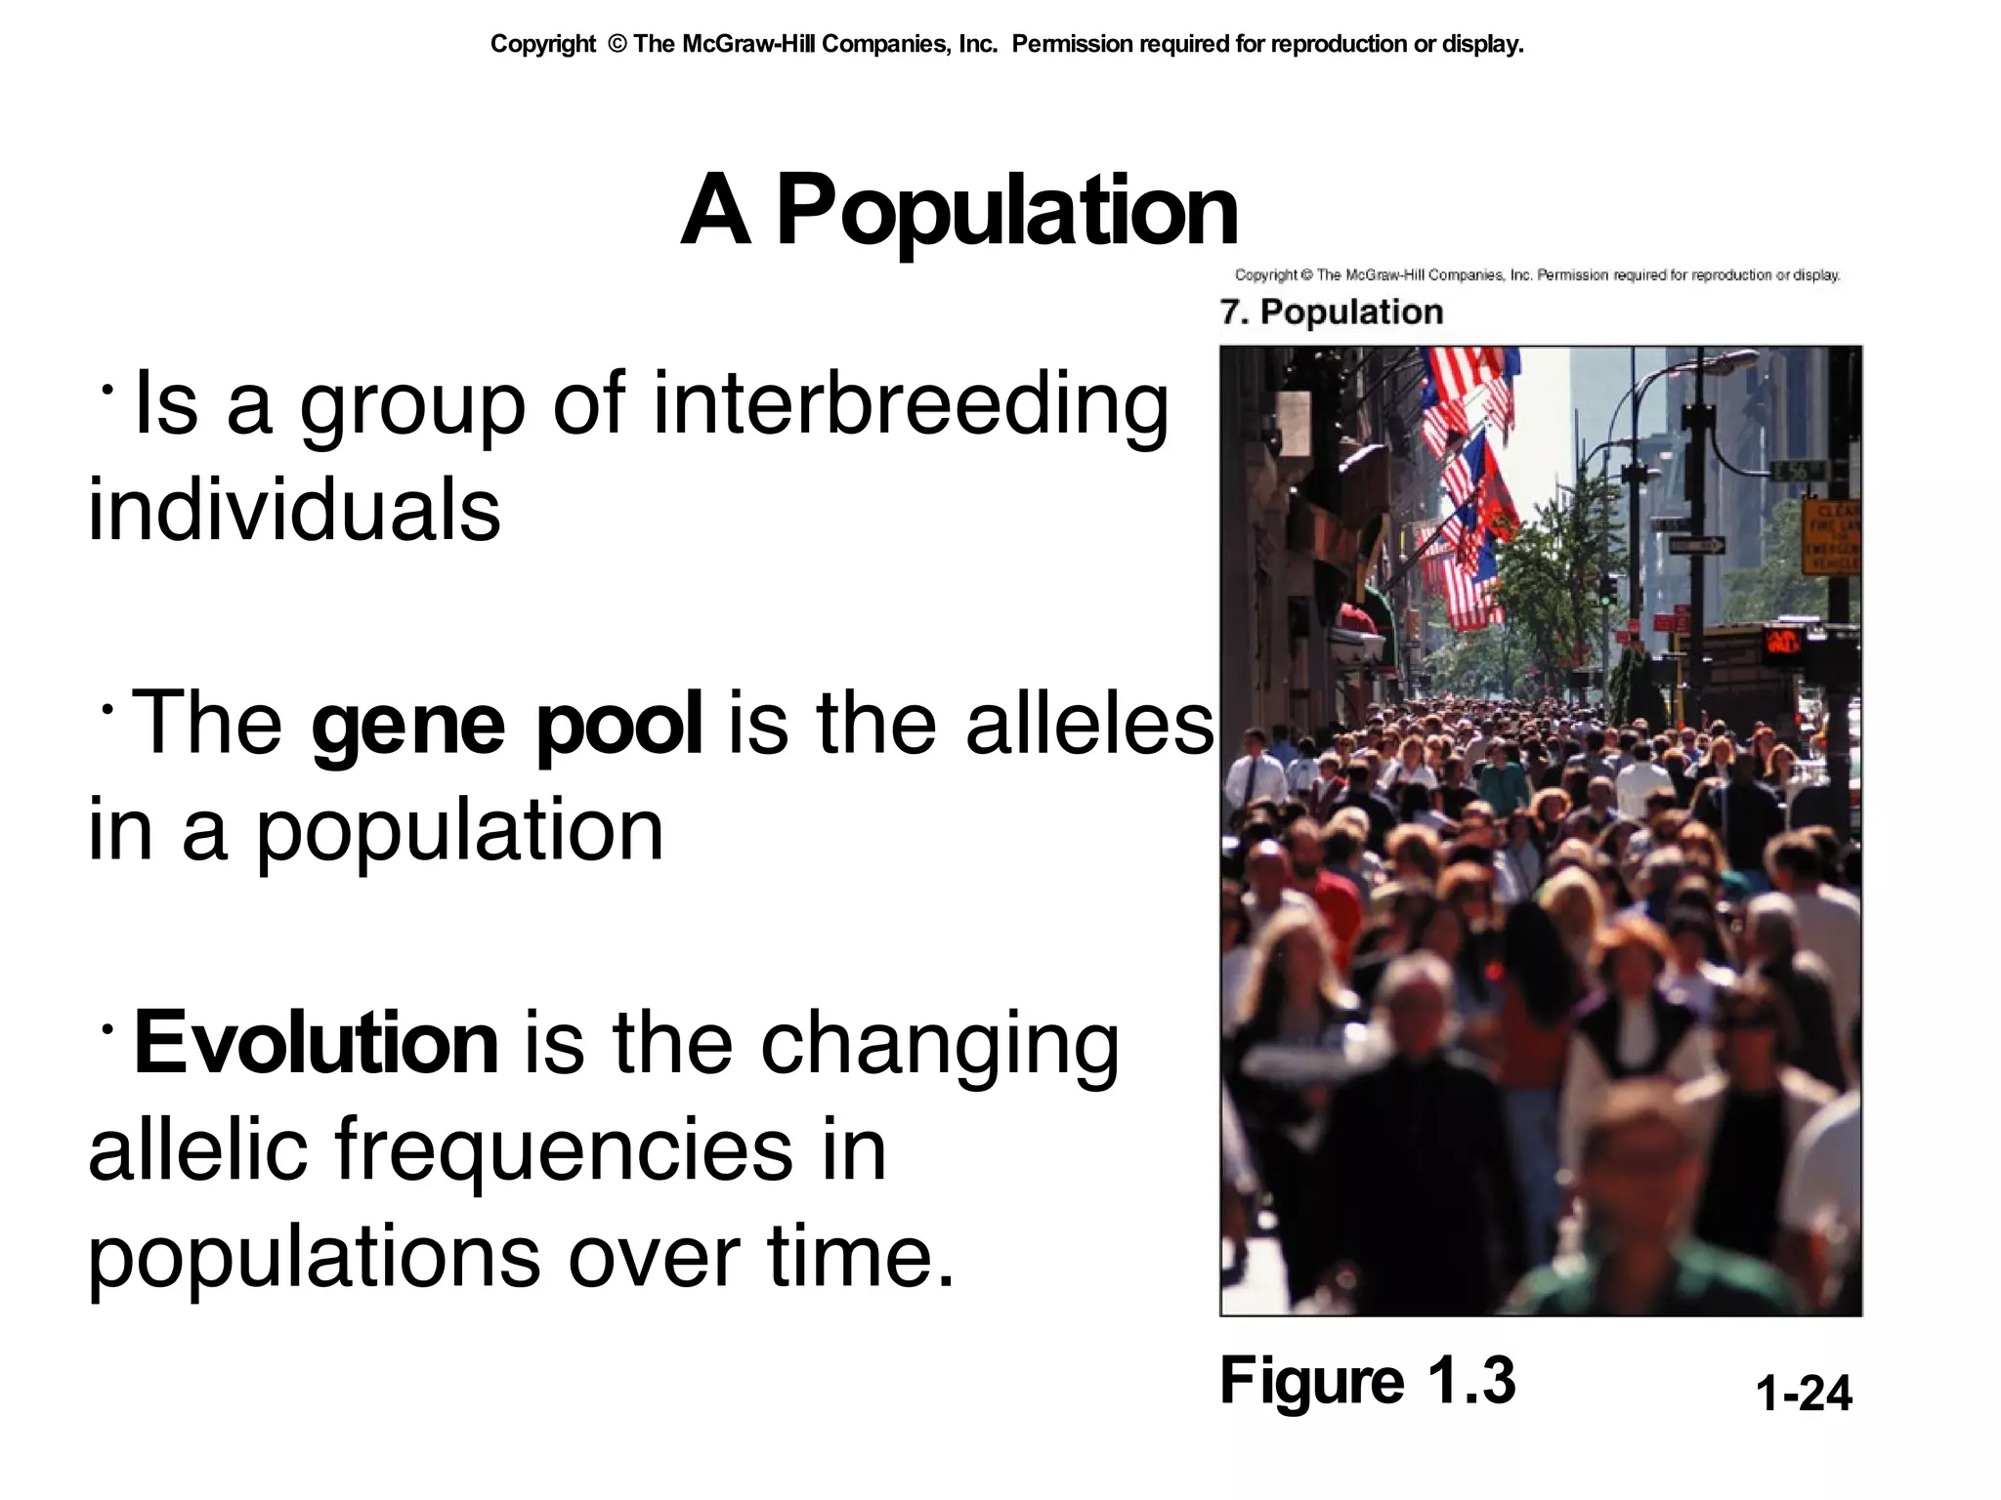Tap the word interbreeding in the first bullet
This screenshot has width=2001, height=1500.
point(910,404)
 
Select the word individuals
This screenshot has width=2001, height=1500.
point(294,510)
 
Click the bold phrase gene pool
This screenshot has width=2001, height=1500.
point(506,724)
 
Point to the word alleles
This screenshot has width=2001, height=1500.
point(1089,724)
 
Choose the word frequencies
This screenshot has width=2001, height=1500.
point(564,1149)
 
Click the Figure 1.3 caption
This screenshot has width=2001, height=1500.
point(1367,1381)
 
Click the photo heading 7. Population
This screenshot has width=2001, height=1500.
point(1331,312)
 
